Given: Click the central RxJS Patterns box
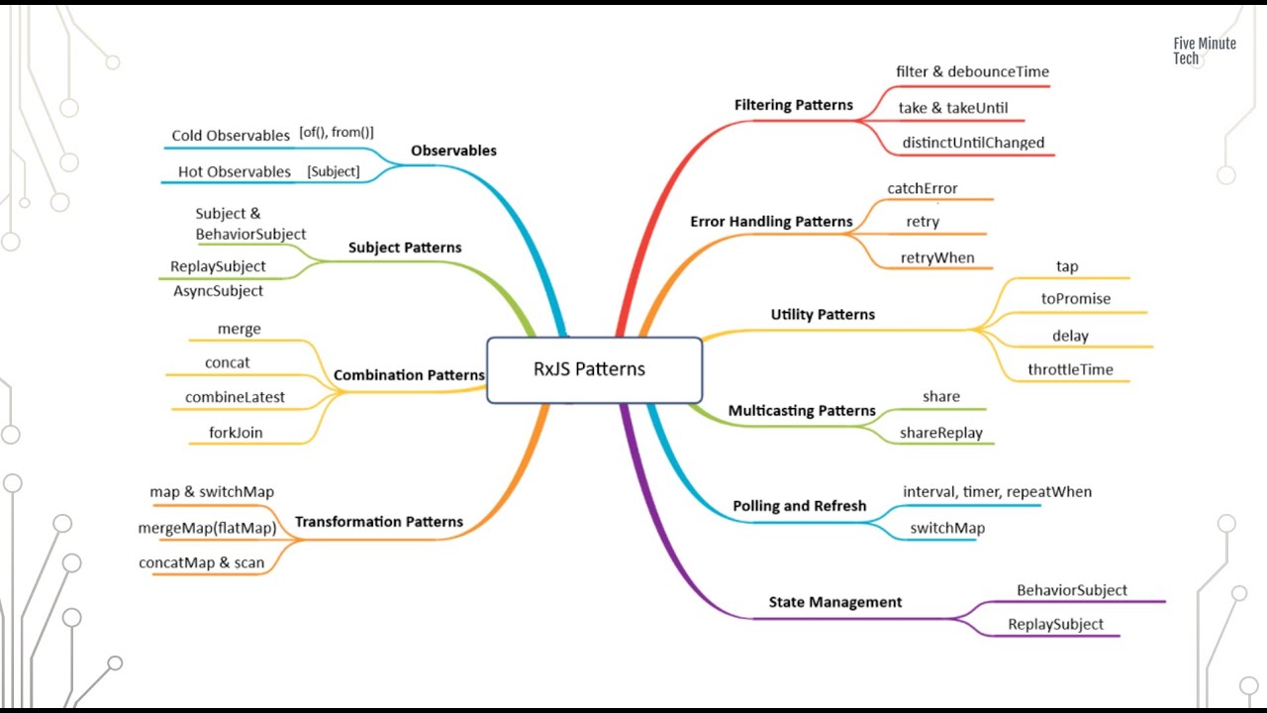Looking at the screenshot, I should click(x=594, y=369).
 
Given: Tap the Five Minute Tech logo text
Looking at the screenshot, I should click(x=1204, y=51).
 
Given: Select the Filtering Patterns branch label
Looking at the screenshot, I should click(x=793, y=105).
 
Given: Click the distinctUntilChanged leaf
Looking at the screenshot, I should click(x=973, y=143).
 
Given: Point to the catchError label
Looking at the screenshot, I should click(x=923, y=188).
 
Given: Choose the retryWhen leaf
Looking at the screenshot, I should click(x=937, y=257).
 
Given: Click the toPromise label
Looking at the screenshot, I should click(x=1076, y=298).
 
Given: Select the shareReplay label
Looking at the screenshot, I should click(x=940, y=432).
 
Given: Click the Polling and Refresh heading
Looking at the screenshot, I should click(x=799, y=506).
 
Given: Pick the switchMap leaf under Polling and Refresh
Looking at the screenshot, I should click(x=947, y=528).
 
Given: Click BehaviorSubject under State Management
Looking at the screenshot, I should click(x=1072, y=590).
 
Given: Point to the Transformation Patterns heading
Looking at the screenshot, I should click(x=379, y=522).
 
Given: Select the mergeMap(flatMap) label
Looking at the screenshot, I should click(x=207, y=528).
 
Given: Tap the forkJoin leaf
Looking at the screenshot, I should click(x=236, y=432).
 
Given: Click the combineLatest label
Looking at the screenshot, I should click(x=235, y=397).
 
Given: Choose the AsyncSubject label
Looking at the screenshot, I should click(x=218, y=291).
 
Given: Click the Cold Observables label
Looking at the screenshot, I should click(x=230, y=136).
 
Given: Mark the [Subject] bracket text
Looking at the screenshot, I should click(x=334, y=171).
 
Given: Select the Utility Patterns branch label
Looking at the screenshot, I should click(x=823, y=315).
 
